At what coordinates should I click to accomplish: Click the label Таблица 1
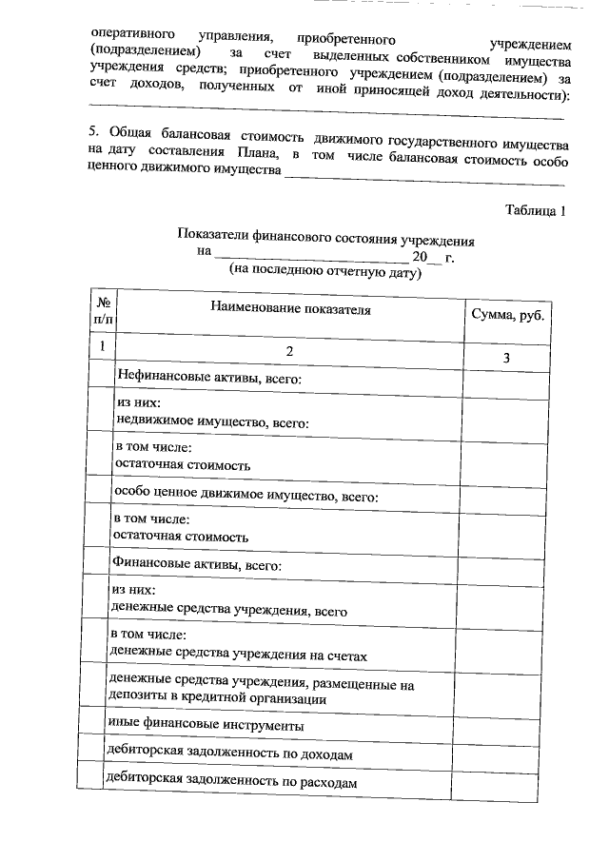click(x=535, y=210)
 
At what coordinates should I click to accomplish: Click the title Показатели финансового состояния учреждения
click(x=325, y=241)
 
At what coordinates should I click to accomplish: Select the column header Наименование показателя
click(x=290, y=309)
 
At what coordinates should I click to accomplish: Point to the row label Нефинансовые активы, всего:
click(x=208, y=379)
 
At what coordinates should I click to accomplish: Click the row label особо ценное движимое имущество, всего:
click(x=246, y=496)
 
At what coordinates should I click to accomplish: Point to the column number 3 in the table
click(x=505, y=357)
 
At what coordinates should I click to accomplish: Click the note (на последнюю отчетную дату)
click(x=324, y=271)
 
